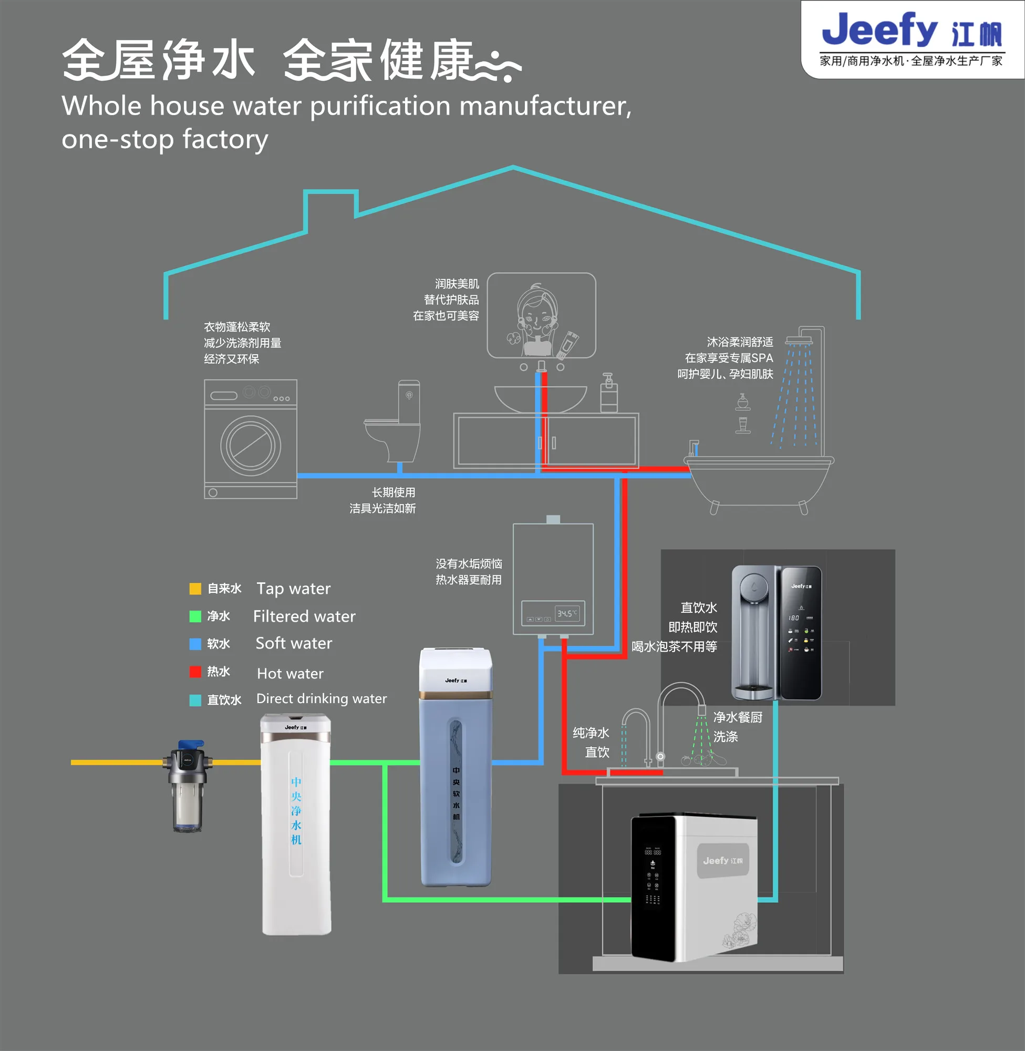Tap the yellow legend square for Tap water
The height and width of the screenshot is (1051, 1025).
point(195,589)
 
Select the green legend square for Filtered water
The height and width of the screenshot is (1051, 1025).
point(195,616)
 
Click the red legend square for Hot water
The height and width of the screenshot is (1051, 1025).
point(195,672)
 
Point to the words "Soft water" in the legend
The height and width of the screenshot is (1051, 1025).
point(293,643)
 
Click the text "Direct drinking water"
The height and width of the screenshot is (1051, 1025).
point(322,699)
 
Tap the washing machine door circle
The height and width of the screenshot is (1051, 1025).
point(250,446)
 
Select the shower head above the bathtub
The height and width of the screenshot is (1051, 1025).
point(799,340)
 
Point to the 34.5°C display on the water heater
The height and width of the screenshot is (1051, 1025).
point(567,613)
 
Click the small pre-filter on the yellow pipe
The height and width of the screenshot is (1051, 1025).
point(187,786)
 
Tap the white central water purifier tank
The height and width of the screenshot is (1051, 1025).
point(296,824)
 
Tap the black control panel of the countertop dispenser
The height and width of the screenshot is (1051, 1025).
point(801,633)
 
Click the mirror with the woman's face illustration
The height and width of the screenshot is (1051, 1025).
point(541,315)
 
